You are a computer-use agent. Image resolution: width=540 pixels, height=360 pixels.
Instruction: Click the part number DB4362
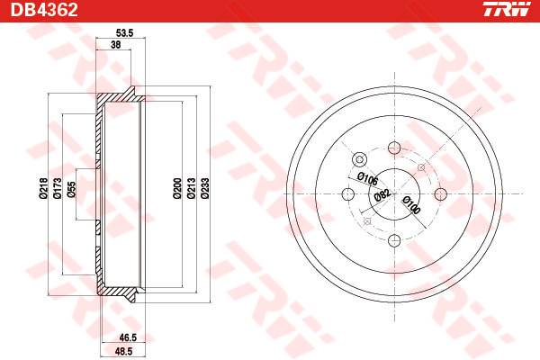pyautogui.click(x=44, y=10)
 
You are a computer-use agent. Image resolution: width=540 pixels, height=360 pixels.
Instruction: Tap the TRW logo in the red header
pyautogui.click(x=507, y=9)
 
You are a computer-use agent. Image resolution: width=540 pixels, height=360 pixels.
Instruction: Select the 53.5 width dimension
pyautogui.click(x=124, y=33)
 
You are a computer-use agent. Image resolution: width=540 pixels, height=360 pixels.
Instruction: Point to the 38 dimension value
pyautogui.click(x=116, y=45)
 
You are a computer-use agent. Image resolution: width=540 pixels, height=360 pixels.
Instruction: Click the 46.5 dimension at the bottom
pyautogui.click(x=128, y=337)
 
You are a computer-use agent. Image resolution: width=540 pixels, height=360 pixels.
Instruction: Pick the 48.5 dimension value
pyautogui.click(x=124, y=351)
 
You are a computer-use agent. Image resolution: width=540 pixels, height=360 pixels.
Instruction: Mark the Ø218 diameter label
pyautogui.click(x=42, y=188)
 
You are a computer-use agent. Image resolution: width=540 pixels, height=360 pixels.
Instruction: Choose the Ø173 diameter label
pyautogui.click(x=58, y=188)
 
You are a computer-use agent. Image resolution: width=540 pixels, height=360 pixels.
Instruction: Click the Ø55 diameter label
pyautogui.click(x=71, y=189)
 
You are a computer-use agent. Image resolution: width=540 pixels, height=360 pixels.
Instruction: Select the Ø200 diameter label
pyautogui.click(x=177, y=188)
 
